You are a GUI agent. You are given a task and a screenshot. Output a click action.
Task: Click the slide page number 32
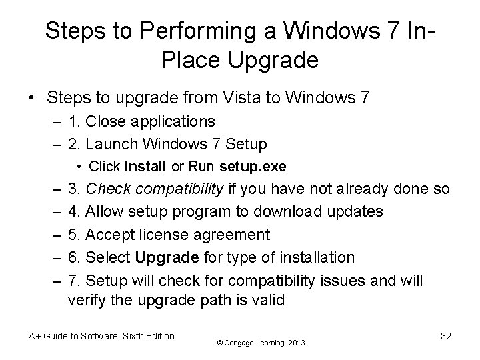point(446,336)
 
